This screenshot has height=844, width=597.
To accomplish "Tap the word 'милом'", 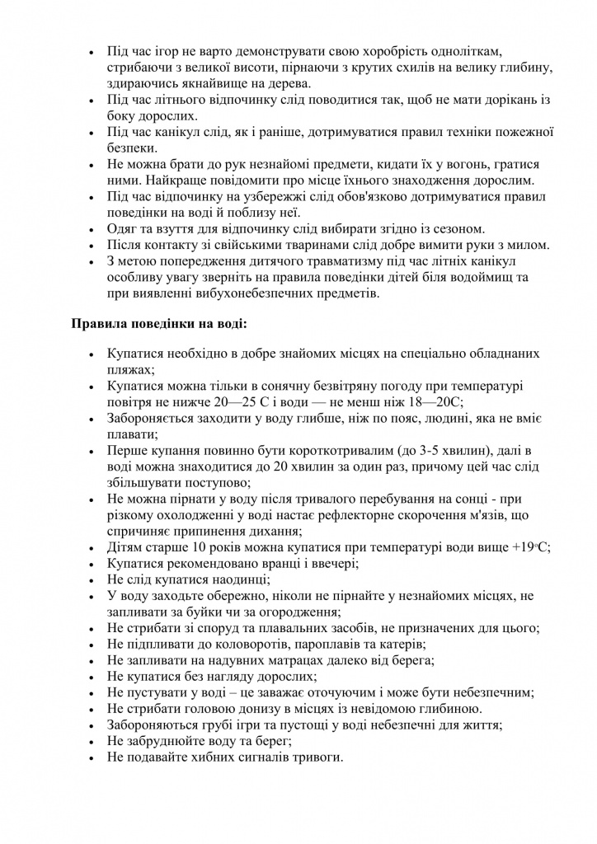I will click(x=519, y=245).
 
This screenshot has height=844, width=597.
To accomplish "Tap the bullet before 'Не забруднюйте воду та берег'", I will click(x=92, y=742).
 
